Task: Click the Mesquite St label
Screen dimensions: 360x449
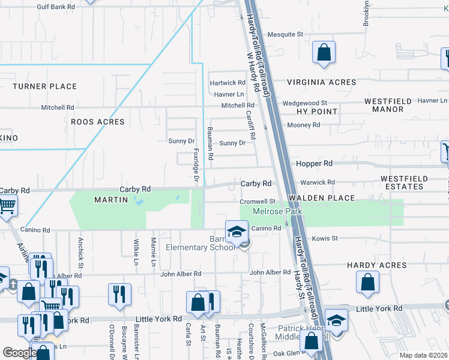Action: (285, 35)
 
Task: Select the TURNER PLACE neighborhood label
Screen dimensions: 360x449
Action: (45, 86)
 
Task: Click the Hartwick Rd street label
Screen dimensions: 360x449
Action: (227, 83)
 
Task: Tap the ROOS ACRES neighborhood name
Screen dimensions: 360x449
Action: (97, 122)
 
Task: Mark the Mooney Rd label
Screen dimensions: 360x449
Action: (304, 125)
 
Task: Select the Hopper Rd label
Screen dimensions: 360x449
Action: (315, 163)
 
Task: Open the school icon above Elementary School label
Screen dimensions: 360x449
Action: (237, 231)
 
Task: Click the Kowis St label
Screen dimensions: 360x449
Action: (330, 238)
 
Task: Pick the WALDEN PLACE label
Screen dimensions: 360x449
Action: (321, 198)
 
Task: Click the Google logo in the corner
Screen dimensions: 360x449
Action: (20, 352)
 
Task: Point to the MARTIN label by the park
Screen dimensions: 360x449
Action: (111, 199)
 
